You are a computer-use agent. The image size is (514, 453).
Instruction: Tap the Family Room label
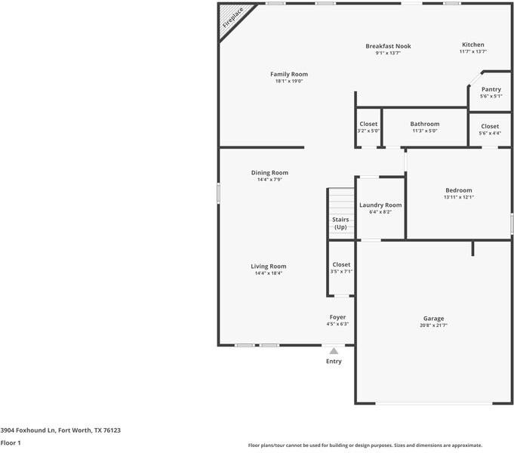[x=289, y=74]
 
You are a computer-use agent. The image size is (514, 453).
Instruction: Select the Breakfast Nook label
[x=388, y=46]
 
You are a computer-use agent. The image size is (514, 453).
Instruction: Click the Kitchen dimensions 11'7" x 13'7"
[x=473, y=52]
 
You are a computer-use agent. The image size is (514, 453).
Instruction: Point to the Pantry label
[x=491, y=89]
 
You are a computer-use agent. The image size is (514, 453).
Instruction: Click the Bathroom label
[x=424, y=124]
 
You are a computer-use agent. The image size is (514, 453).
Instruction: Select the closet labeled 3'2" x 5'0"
[x=368, y=127]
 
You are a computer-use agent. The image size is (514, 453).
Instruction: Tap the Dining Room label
[x=269, y=173]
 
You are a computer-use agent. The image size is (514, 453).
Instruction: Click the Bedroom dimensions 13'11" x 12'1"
[x=458, y=197]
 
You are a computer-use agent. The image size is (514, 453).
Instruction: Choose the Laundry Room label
[x=380, y=205]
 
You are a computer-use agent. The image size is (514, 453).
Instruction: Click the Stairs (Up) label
[x=340, y=223]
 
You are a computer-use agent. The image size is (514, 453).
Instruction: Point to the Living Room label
[x=269, y=267]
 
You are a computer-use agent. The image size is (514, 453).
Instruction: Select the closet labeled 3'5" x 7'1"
[x=341, y=268]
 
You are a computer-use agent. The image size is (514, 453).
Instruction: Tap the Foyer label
[x=337, y=317]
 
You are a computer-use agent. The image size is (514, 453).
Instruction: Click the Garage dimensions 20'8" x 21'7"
[x=433, y=325]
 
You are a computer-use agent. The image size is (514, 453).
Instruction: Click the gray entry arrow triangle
[x=334, y=350]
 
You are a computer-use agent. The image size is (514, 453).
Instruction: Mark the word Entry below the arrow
[x=334, y=362]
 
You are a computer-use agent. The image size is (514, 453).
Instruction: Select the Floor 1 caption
[x=11, y=442]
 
